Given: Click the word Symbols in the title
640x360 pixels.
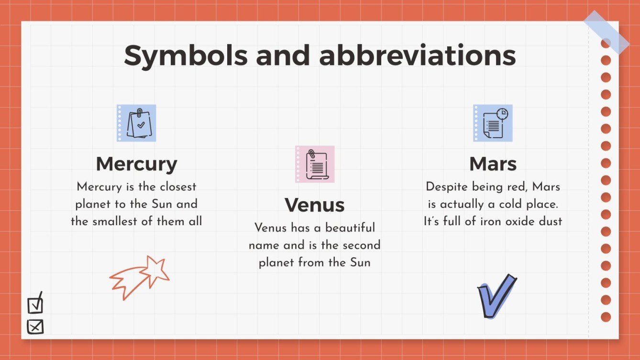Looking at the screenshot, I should click(186, 56).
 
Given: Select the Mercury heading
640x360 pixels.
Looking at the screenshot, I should click(136, 164).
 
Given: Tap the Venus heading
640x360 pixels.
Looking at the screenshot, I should click(314, 205).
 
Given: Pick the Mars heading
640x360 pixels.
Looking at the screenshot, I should click(493, 164).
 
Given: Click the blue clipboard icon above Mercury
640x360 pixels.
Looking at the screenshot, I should click(137, 123).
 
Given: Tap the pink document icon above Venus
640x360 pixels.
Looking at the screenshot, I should click(315, 164).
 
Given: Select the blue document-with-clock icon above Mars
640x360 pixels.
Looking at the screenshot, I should click(493, 123).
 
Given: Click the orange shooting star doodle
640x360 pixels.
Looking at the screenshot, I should click(141, 277).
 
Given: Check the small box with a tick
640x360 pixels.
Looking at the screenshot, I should click(35, 304).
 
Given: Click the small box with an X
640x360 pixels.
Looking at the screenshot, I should click(35, 327).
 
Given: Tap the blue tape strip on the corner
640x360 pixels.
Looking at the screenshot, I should click(606, 32).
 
